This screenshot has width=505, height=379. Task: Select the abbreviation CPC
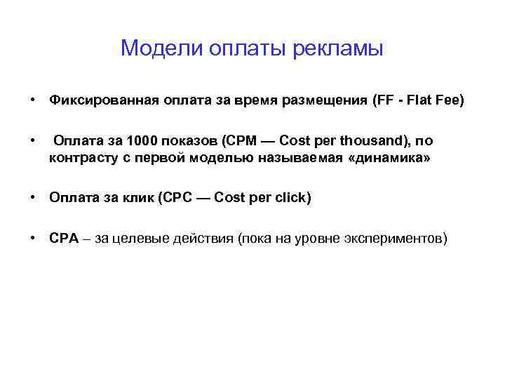177,198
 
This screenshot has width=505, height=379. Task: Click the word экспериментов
392,238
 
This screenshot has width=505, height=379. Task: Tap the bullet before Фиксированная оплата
33,101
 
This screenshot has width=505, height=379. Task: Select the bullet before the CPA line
33,238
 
